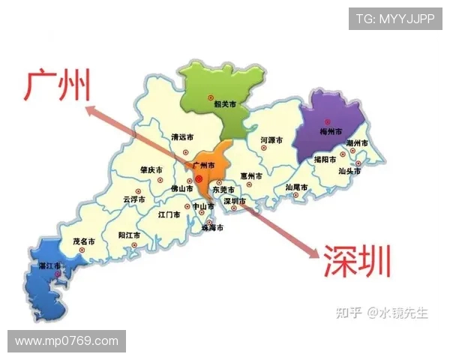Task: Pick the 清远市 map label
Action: pos(182,137)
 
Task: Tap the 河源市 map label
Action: pos(271,140)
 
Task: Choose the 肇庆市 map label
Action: pos(151,171)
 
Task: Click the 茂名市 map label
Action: pos(84,242)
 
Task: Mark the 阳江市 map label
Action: pos(130,235)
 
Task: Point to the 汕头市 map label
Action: pos(349,172)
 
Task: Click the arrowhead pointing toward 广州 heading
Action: pos(91,111)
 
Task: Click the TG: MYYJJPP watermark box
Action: pos(394,19)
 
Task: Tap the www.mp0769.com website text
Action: pos(66,341)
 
